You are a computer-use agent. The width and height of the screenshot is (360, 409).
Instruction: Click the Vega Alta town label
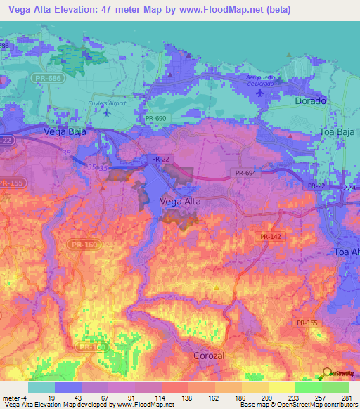(x=181, y=202)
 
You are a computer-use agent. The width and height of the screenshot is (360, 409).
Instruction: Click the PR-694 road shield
(x=247, y=172)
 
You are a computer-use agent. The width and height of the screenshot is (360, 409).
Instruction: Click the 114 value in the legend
(x=162, y=398)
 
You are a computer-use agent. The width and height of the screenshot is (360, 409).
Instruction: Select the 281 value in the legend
(x=348, y=398)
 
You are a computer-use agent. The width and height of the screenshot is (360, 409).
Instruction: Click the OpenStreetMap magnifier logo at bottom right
(x=328, y=374)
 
